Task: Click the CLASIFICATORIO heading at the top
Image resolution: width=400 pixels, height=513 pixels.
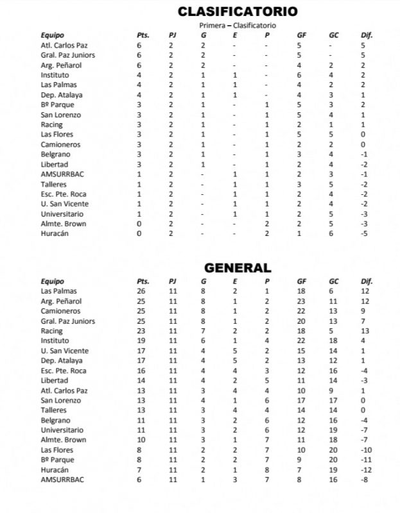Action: click(x=238, y=12)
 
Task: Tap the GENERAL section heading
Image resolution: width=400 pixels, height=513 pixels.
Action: click(x=238, y=268)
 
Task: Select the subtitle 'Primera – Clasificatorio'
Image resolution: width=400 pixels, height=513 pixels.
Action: click(x=238, y=26)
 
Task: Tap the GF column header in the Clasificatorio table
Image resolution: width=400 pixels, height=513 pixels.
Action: click(x=302, y=35)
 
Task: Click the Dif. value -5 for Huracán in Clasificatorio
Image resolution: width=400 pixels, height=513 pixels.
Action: click(x=363, y=233)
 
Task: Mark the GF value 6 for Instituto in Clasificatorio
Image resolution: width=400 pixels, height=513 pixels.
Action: click(x=299, y=75)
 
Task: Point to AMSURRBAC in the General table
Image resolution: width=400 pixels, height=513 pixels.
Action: click(x=62, y=480)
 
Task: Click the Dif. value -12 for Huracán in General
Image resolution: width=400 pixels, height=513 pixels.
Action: click(x=365, y=469)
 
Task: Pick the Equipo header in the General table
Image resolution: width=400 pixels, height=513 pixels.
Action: click(x=53, y=281)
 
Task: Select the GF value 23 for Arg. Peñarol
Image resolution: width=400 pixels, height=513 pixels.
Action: click(x=302, y=301)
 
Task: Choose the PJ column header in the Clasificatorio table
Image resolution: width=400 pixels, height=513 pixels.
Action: click(x=171, y=35)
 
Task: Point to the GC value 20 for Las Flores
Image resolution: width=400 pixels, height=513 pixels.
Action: click(x=334, y=450)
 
